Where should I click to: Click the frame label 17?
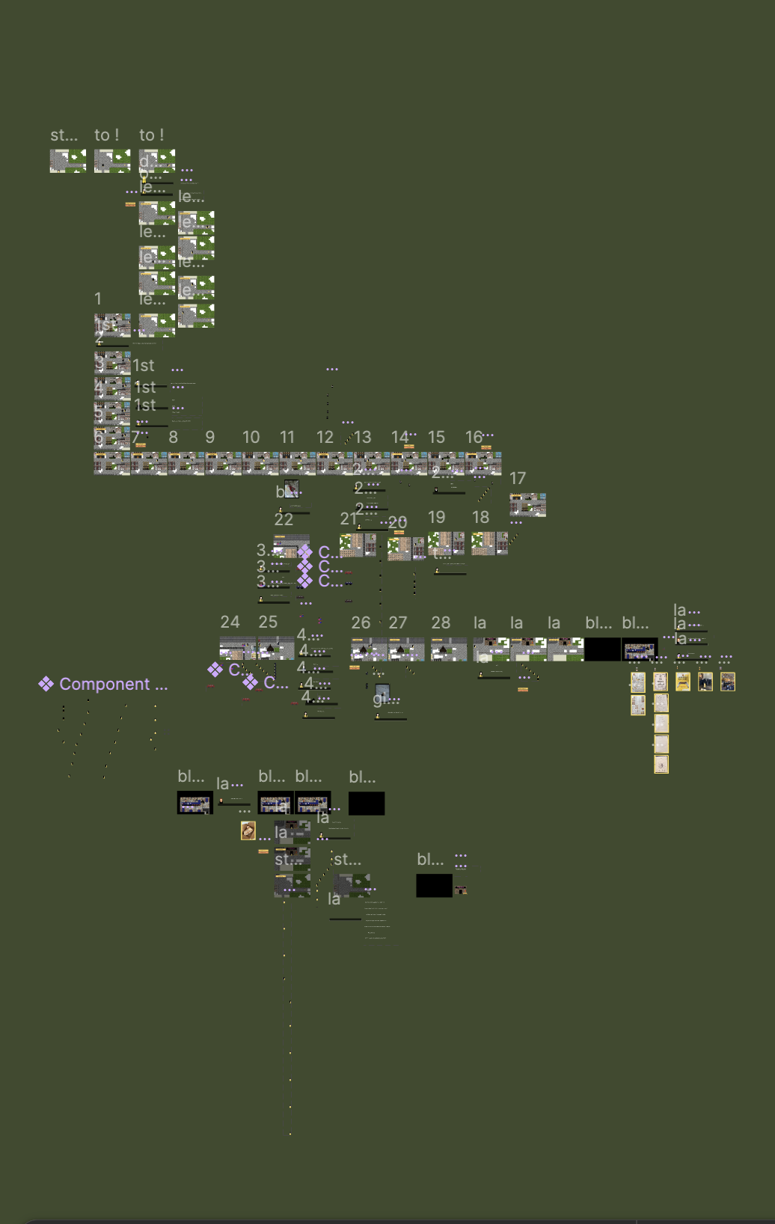(518, 478)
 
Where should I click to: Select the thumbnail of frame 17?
(527, 505)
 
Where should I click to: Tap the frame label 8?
(174, 437)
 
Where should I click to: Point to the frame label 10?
(251, 437)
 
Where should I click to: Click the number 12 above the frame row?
(325, 437)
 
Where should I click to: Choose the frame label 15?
(436, 437)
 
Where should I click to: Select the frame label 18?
(480, 517)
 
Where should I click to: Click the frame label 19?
(436, 517)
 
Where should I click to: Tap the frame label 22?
(284, 519)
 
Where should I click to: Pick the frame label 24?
(230, 622)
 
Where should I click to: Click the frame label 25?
(268, 622)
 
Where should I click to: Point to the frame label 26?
(361, 622)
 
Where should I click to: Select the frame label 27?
(398, 622)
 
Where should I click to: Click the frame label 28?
(441, 622)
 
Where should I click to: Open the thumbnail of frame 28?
(449, 649)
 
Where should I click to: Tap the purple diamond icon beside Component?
(46, 684)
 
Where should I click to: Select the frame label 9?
(210, 437)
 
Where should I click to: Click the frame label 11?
(287, 437)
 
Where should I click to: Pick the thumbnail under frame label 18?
(490, 543)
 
